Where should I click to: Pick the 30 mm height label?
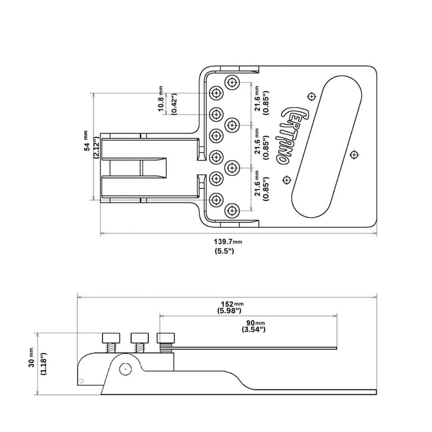tap(32, 366)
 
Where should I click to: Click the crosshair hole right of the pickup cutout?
tap(354, 154)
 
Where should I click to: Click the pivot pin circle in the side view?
tap(124, 369)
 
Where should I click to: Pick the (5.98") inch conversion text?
tap(230, 311)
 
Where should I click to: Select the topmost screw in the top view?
tap(233, 82)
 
